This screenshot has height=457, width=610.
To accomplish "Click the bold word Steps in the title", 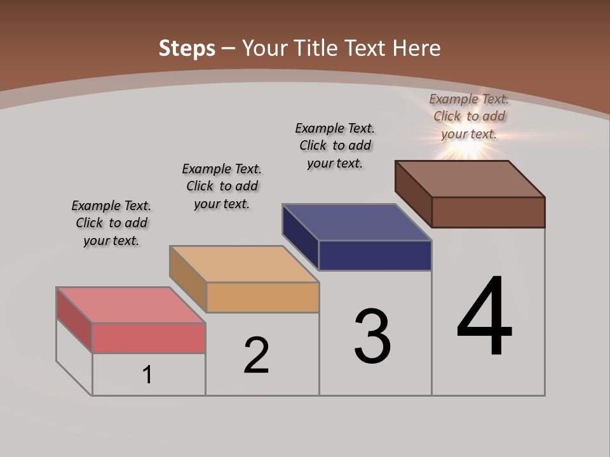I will [186, 48].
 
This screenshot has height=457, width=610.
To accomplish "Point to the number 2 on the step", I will [257, 355].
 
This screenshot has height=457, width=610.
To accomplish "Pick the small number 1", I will [147, 374].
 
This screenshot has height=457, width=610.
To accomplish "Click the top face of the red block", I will [130, 305].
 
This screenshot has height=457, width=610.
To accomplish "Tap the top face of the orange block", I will [244, 263].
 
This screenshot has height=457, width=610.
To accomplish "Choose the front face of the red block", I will [149, 338].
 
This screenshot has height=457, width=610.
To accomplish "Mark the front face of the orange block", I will [262, 297].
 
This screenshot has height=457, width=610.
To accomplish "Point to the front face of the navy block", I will [375, 255].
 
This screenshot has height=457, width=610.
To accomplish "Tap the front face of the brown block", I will [488, 212].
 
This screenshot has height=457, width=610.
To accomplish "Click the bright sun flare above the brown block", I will [467, 147].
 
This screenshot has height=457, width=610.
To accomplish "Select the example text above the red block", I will [111, 223].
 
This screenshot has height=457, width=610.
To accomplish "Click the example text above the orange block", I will [222, 186].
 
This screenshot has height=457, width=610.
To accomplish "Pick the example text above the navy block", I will [335, 145].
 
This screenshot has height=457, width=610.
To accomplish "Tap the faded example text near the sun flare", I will [469, 116].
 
